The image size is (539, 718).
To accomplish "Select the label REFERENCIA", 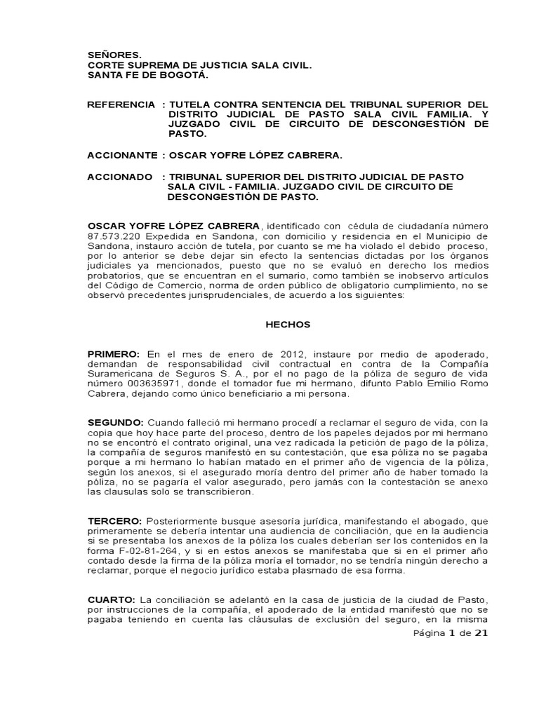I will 121,104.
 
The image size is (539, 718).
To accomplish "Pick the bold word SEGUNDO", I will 115,422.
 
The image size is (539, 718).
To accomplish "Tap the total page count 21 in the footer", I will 481,633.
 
